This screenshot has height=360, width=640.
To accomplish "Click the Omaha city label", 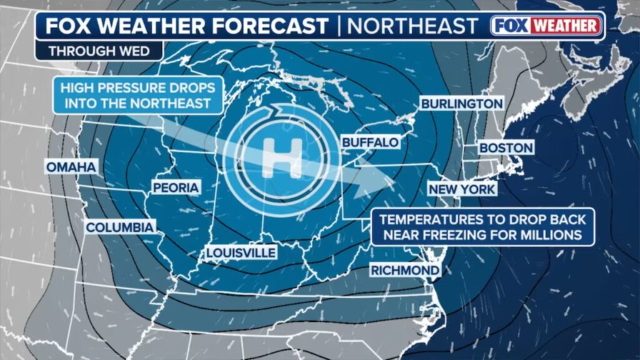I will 71,167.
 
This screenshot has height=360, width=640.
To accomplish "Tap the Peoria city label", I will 176,187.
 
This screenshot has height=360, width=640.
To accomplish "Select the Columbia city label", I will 119,227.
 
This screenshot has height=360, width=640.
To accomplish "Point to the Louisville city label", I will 241,252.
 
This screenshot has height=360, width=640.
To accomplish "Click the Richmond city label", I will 405,270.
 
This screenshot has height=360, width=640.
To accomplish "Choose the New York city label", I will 461,189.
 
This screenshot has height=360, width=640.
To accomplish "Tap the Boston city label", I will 506,148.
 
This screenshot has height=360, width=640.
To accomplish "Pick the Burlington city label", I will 461,104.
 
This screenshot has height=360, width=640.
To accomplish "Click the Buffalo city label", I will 370,142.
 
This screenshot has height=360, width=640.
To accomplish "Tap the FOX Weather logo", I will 546,26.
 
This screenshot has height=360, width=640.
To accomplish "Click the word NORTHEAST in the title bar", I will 413,26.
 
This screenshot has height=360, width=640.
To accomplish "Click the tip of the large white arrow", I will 396,182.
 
